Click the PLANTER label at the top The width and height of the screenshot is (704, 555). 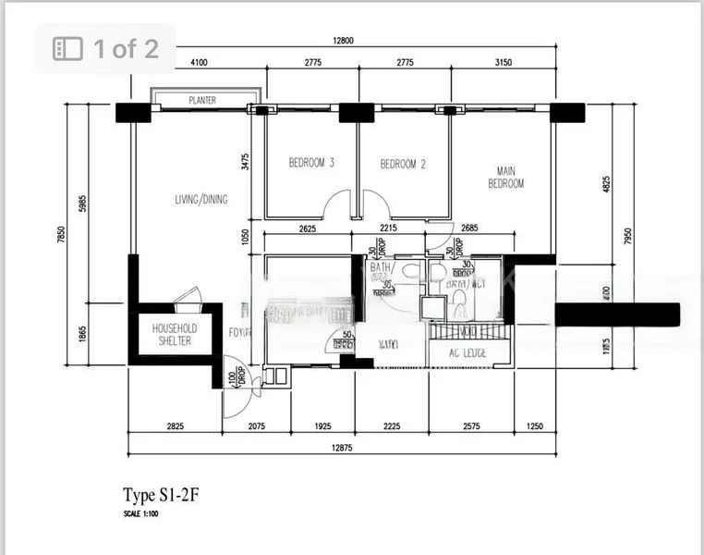pyautogui.click(x=202, y=100)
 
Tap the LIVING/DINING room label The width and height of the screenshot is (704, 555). pyautogui.click(x=201, y=199)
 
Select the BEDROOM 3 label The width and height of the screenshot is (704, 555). pyautogui.click(x=311, y=164)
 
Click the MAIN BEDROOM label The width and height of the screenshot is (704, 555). pyautogui.click(x=505, y=177)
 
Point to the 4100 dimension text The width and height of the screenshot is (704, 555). pyautogui.click(x=198, y=62)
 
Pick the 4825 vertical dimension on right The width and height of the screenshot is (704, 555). pyautogui.click(x=606, y=185)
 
